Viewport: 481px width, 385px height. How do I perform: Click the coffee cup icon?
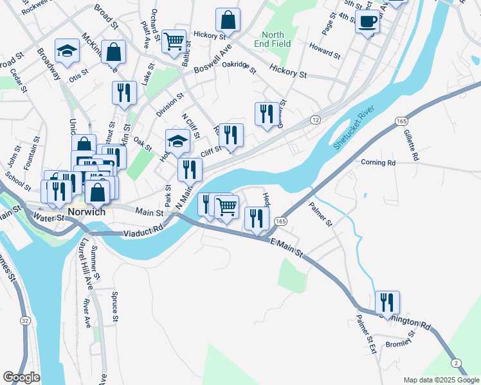coord(367,21)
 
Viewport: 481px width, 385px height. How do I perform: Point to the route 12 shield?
coord(315,120)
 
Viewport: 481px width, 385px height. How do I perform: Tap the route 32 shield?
coord(24,320)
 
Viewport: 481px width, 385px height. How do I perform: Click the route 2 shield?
coord(455,364)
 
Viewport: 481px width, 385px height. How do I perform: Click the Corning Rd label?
coord(378,163)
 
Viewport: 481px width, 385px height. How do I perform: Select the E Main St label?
coord(287,247)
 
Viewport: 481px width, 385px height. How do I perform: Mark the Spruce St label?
coord(114,307)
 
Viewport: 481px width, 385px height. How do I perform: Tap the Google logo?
coord(22,377)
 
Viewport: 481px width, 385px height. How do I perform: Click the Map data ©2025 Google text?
coord(440,380)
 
